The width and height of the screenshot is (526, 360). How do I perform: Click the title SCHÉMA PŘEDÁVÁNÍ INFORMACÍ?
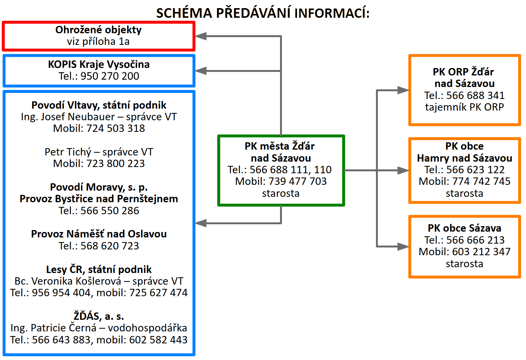pos(263,13)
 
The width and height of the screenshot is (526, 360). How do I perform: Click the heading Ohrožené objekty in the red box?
pos(98,30)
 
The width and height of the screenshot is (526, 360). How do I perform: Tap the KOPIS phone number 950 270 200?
pos(110,76)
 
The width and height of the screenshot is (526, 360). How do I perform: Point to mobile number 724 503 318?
pos(116,128)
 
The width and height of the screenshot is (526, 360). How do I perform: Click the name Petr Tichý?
pos(68,152)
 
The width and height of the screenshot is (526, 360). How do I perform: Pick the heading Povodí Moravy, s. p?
pos(99,187)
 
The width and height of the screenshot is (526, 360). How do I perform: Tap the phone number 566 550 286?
pos(110,211)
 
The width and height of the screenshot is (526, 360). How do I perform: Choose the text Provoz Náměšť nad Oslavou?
pos(99,234)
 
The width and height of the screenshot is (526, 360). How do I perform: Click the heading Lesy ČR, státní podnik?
pos(99,270)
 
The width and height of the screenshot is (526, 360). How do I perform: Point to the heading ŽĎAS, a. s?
pos(99,316)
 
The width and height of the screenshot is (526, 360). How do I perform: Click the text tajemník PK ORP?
pos(465,107)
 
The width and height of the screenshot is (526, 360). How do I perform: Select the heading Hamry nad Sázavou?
pos(465,158)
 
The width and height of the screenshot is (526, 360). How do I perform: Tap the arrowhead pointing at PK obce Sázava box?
pos(403,246)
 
